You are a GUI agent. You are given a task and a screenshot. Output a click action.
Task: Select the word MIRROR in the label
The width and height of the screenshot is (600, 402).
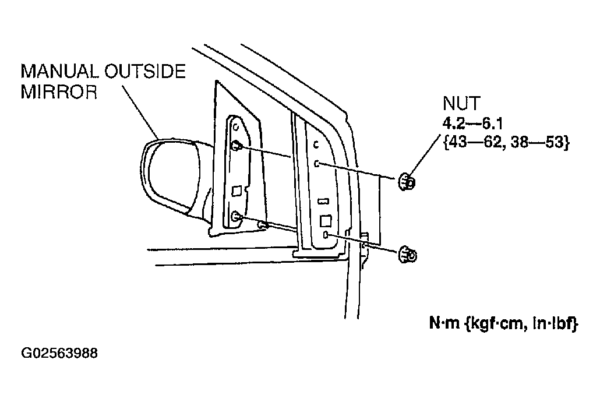[59, 93]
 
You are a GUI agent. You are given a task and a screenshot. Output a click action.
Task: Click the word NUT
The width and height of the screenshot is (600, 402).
[461, 104]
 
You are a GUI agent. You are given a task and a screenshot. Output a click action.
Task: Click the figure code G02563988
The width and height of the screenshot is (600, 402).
[59, 354]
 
